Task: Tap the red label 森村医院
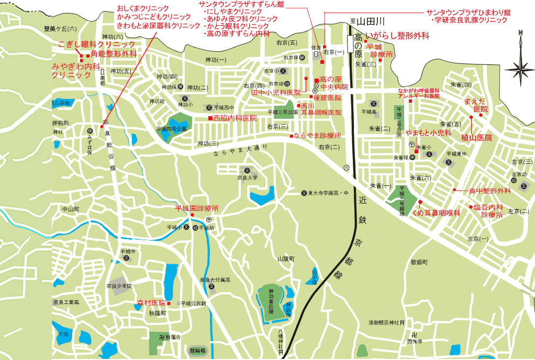(x=151, y=303)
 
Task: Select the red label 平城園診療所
(x=196, y=208)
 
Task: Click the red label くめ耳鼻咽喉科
(x=436, y=213)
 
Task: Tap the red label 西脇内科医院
(x=235, y=118)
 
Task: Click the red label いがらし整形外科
(x=397, y=36)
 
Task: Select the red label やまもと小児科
(x=428, y=133)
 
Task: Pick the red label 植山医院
(x=476, y=138)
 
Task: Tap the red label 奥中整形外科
(x=489, y=190)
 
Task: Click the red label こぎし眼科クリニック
(x=97, y=44)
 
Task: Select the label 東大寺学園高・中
(x=328, y=193)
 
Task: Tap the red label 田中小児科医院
(x=276, y=93)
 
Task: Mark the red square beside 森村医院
(x=169, y=303)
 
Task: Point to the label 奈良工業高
(x=66, y=302)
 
